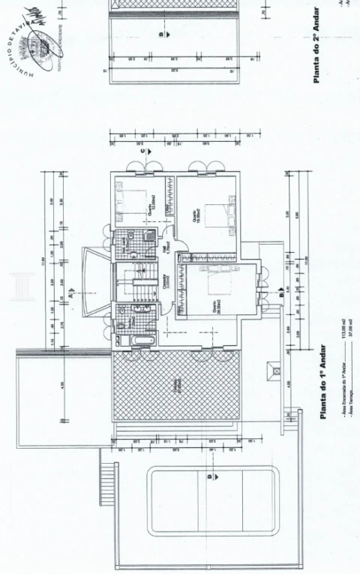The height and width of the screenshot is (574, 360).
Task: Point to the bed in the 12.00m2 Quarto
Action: [134, 202]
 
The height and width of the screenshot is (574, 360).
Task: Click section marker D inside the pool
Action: [211, 474]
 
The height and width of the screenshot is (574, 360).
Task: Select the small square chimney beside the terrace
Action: [275, 371]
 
